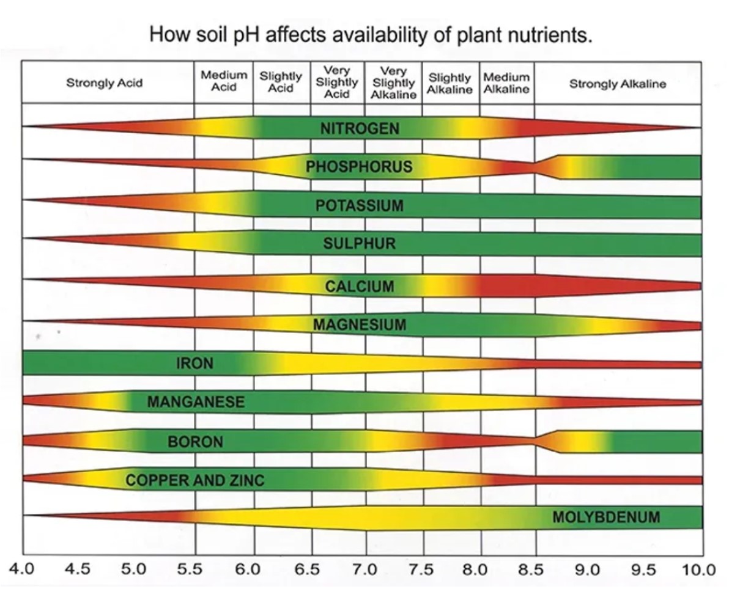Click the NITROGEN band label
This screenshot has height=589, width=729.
(x=360, y=128)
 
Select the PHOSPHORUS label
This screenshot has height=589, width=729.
(x=359, y=167)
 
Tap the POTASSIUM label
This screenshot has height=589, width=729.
(x=360, y=206)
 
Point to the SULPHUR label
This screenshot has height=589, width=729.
(x=360, y=244)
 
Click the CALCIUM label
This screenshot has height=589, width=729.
(x=360, y=287)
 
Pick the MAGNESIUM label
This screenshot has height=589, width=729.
(x=360, y=324)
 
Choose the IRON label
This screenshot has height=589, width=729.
(x=195, y=364)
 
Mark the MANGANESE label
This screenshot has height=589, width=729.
(x=196, y=402)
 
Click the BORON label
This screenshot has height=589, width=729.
(x=196, y=442)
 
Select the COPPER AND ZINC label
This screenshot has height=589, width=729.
(x=195, y=480)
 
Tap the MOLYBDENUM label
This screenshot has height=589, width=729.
(x=606, y=518)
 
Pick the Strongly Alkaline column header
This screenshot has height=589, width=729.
(x=618, y=84)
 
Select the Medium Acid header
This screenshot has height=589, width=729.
(x=224, y=81)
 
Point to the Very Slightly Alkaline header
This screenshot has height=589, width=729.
(x=394, y=83)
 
